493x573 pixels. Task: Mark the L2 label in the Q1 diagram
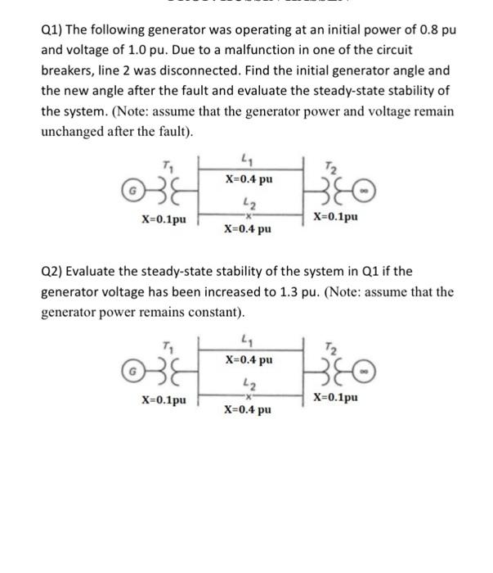(249, 199)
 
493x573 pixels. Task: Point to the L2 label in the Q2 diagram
(249, 379)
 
